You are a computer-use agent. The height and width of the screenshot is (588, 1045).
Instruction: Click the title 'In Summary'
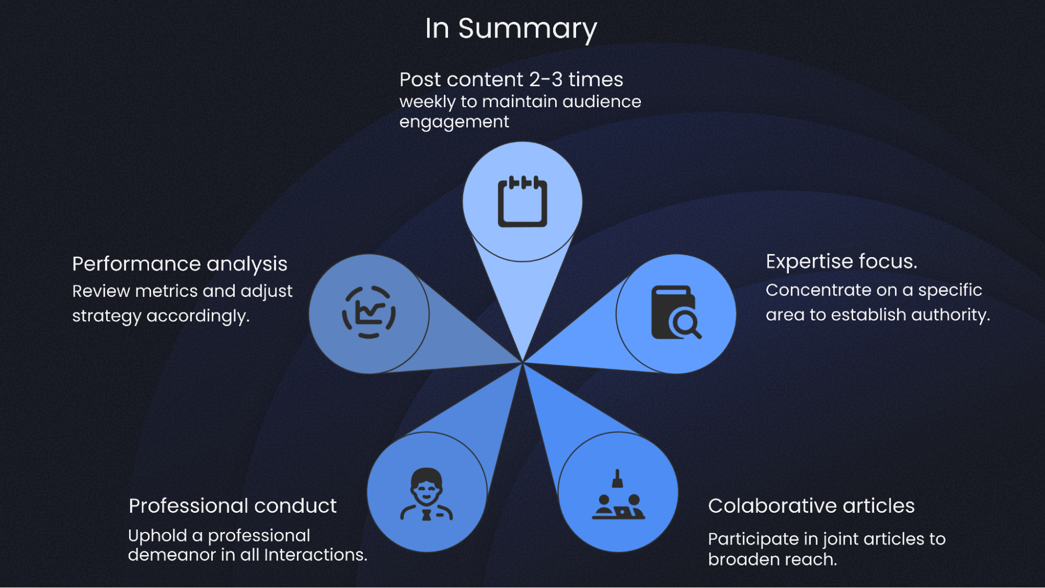pyautogui.click(x=511, y=28)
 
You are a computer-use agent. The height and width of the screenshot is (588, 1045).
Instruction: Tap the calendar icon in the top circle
pyautogui.click(x=522, y=202)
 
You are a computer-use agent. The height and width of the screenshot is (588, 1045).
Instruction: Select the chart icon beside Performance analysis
pyautogui.click(x=369, y=313)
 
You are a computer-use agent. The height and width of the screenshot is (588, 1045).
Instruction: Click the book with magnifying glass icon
pyautogui.click(x=675, y=313)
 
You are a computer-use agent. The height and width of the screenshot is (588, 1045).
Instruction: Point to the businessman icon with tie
pyautogui.click(x=427, y=494)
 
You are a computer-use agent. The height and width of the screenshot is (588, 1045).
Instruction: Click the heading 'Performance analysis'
pyautogui.click(x=180, y=264)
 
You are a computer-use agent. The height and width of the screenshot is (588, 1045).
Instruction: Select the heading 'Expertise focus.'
pyautogui.click(x=841, y=261)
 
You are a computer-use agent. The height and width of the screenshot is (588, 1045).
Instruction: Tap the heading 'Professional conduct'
pyautogui.click(x=233, y=505)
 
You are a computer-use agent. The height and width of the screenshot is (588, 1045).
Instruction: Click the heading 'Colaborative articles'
pyautogui.click(x=811, y=505)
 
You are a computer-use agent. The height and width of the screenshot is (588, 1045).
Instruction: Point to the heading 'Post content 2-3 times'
pyautogui.click(x=511, y=79)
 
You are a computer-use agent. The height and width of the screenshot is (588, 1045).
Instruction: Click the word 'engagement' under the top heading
pyautogui.click(x=454, y=122)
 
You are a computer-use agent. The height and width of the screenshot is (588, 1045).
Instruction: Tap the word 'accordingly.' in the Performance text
pyautogui.click(x=198, y=316)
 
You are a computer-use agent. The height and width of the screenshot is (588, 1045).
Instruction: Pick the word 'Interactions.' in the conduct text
pyautogui.click(x=315, y=555)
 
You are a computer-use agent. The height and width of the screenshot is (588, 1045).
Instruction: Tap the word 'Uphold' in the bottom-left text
pyautogui.click(x=157, y=535)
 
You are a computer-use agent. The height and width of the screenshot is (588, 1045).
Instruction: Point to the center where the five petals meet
pyautogui.click(x=522, y=362)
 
